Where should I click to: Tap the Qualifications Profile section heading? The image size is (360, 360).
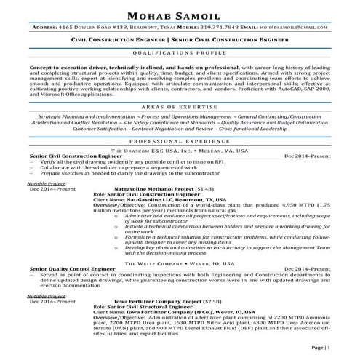pos(180,54)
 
